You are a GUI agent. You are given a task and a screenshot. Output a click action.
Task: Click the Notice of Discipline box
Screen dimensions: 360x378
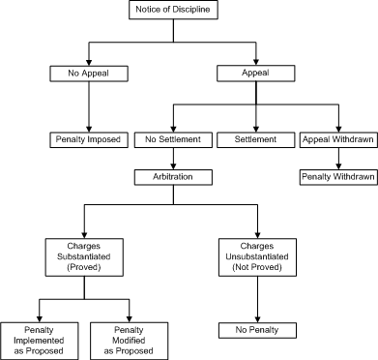[x=175, y=11]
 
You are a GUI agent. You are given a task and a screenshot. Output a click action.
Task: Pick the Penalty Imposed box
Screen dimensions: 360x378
[x=88, y=139]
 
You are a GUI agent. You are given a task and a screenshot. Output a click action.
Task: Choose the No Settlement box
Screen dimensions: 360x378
[x=172, y=139]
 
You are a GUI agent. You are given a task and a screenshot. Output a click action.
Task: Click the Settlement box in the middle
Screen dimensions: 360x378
[x=256, y=139]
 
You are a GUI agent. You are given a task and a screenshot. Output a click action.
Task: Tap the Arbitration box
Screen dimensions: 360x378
[x=172, y=178]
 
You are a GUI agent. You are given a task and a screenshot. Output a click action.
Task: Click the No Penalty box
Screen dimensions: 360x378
[x=256, y=330]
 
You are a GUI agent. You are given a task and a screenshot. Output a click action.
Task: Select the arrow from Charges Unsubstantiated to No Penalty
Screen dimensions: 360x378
[x=256, y=299]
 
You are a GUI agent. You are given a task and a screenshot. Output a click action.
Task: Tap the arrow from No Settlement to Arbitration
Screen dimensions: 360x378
[x=172, y=159]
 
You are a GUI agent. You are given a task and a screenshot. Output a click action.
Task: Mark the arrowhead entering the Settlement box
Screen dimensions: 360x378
[x=256, y=127]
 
